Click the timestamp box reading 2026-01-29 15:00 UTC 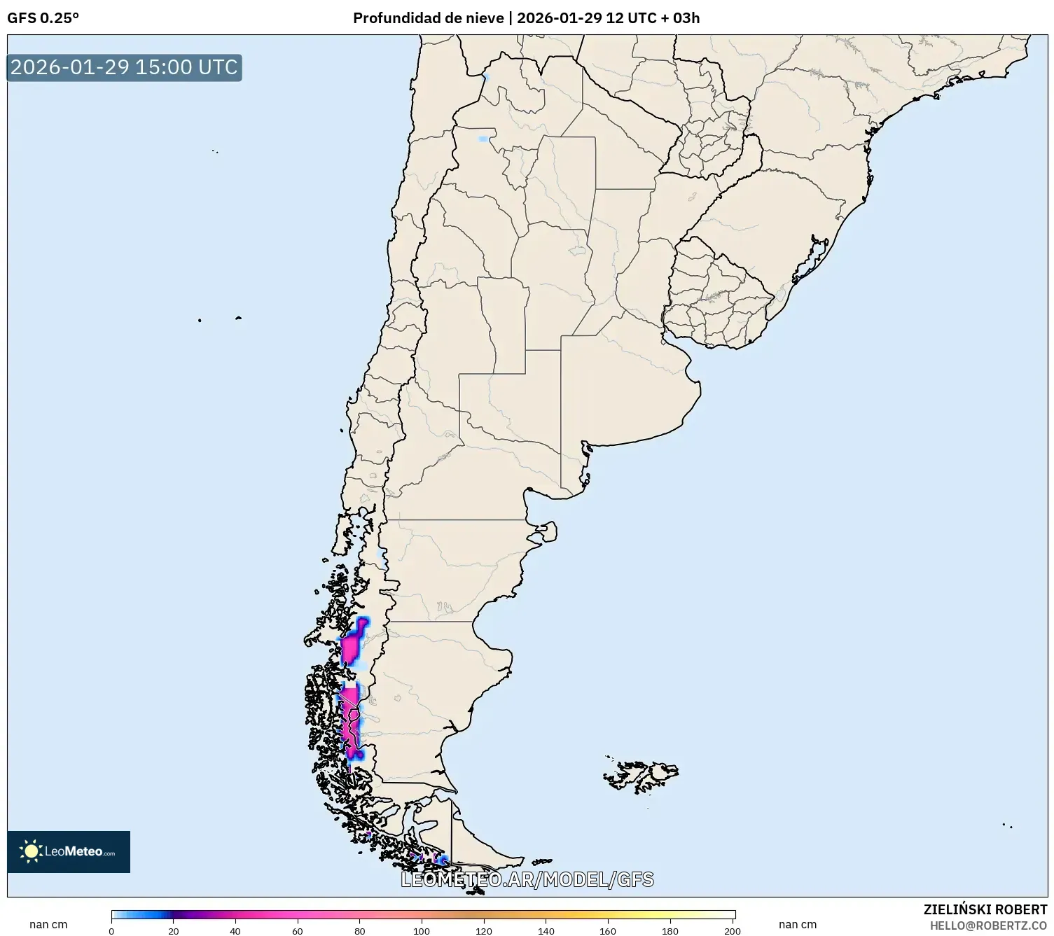pos(125,67)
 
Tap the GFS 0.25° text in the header pos(43,18)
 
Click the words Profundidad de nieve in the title pos(428,18)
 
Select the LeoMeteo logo pos(69,851)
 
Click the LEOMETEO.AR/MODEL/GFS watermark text pos(527,879)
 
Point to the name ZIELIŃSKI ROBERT pos(985,909)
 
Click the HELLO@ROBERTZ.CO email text pos(987,925)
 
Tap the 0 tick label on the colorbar pos(111,931)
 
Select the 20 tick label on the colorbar pos(173,931)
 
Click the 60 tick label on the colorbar pos(298,931)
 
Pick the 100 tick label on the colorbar pos(422,931)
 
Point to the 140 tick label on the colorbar pos(546,931)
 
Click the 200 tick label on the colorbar pos(733,931)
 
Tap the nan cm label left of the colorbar pos(48,925)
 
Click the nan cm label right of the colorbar pos(798,925)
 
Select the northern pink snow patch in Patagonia pos(352,648)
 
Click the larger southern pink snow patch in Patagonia pos(349,721)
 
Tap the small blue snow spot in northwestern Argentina pos(483,139)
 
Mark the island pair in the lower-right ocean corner pos(1007,825)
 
